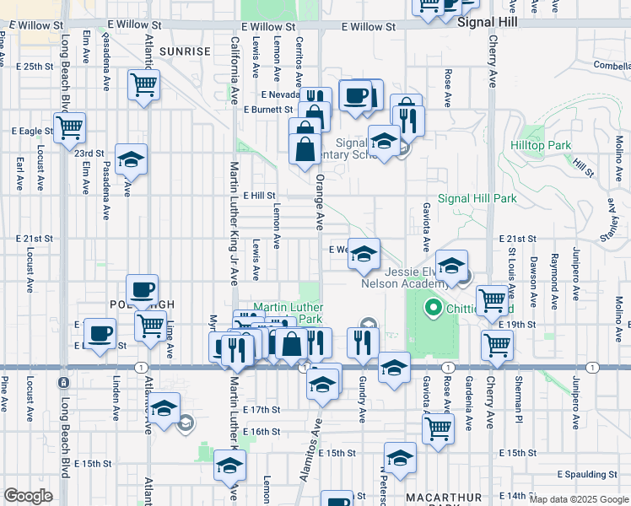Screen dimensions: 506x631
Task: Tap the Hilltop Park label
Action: tap(541, 145)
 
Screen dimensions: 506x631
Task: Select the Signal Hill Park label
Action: tap(477, 199)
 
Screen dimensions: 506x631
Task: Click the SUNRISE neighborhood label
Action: tap(185, 51)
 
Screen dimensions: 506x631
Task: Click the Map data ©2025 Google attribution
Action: tap(579, 499)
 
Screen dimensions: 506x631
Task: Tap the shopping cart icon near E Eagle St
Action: tap(70, 128)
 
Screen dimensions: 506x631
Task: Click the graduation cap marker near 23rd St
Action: tap(131, 159)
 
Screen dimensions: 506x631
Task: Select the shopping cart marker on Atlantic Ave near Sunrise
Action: tap(144, 83)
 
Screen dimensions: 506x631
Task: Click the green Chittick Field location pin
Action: tap(434, 308)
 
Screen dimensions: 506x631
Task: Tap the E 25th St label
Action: tap(33, 66)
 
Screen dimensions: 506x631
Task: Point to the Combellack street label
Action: tap(612, 65)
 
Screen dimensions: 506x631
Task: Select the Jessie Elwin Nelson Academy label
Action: tap(410, 277)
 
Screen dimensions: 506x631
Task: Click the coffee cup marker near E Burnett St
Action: tap(357, 94)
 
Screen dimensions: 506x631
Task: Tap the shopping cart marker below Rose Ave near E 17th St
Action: tap(439, 428)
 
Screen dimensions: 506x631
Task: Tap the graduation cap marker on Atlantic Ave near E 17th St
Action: tap(164, 407)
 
